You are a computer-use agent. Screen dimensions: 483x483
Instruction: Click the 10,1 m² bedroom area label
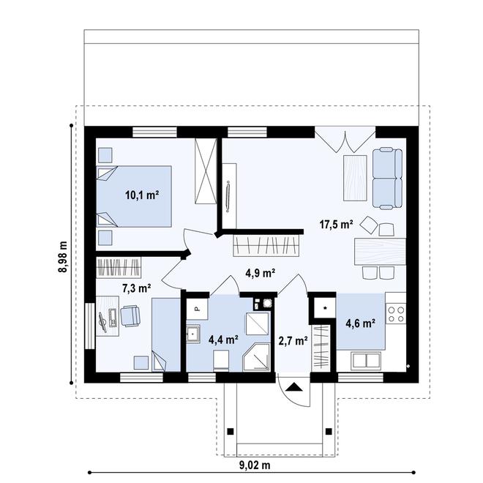[x=143, y=195]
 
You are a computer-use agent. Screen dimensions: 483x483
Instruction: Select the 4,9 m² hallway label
[x=260, y=274]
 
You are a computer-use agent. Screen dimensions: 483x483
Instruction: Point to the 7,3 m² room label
[x=136, y=288]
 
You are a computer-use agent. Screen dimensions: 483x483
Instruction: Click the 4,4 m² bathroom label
[x=224, y=340]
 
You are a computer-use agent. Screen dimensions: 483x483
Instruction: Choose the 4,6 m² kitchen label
[x=361, y=323]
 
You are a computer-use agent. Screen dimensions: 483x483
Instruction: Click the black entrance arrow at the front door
[x=295, y=388]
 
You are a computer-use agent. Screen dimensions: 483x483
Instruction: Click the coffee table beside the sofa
[x=355, y=178]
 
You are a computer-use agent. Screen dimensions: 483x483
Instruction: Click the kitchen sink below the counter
[x=367, y=359]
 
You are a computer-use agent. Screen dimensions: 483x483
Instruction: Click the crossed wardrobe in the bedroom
[x=206, y=170]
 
